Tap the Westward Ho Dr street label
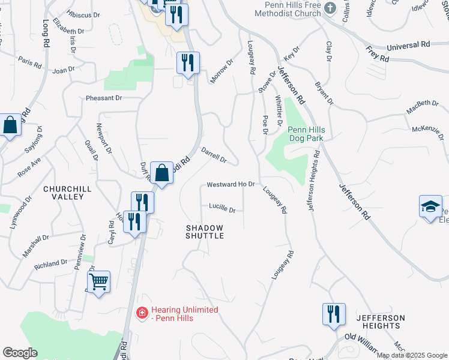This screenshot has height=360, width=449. click(231, 184)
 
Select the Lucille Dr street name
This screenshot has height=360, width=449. click(222, 208)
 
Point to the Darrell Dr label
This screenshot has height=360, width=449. click(213, 155)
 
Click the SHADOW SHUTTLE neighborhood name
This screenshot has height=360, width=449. click(205, 232)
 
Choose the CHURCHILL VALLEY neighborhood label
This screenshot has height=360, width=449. click(67, 193)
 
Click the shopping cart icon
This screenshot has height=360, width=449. click(99, 280)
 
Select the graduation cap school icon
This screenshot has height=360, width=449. click(430, 207)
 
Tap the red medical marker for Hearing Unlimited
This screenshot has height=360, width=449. click(142, 313)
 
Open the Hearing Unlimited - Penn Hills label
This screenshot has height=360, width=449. click(184, 313)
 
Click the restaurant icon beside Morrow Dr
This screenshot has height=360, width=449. click(188, 62)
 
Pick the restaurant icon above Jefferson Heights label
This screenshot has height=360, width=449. click(334, 314)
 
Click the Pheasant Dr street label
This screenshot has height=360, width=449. click(104, 98)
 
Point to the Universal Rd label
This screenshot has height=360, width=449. click(408, 46)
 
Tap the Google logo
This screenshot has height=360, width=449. click(20, 352)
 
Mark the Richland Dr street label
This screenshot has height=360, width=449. click(51, 263)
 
